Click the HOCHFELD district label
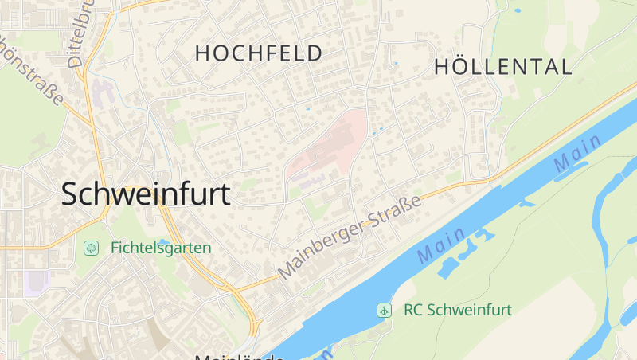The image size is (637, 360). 259,53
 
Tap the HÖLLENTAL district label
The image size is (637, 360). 503,67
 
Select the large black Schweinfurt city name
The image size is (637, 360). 146,194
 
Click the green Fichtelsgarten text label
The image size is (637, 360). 161,248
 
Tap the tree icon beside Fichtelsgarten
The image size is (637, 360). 92,248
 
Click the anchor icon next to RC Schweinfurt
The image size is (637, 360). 384,310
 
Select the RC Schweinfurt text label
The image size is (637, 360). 458,310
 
